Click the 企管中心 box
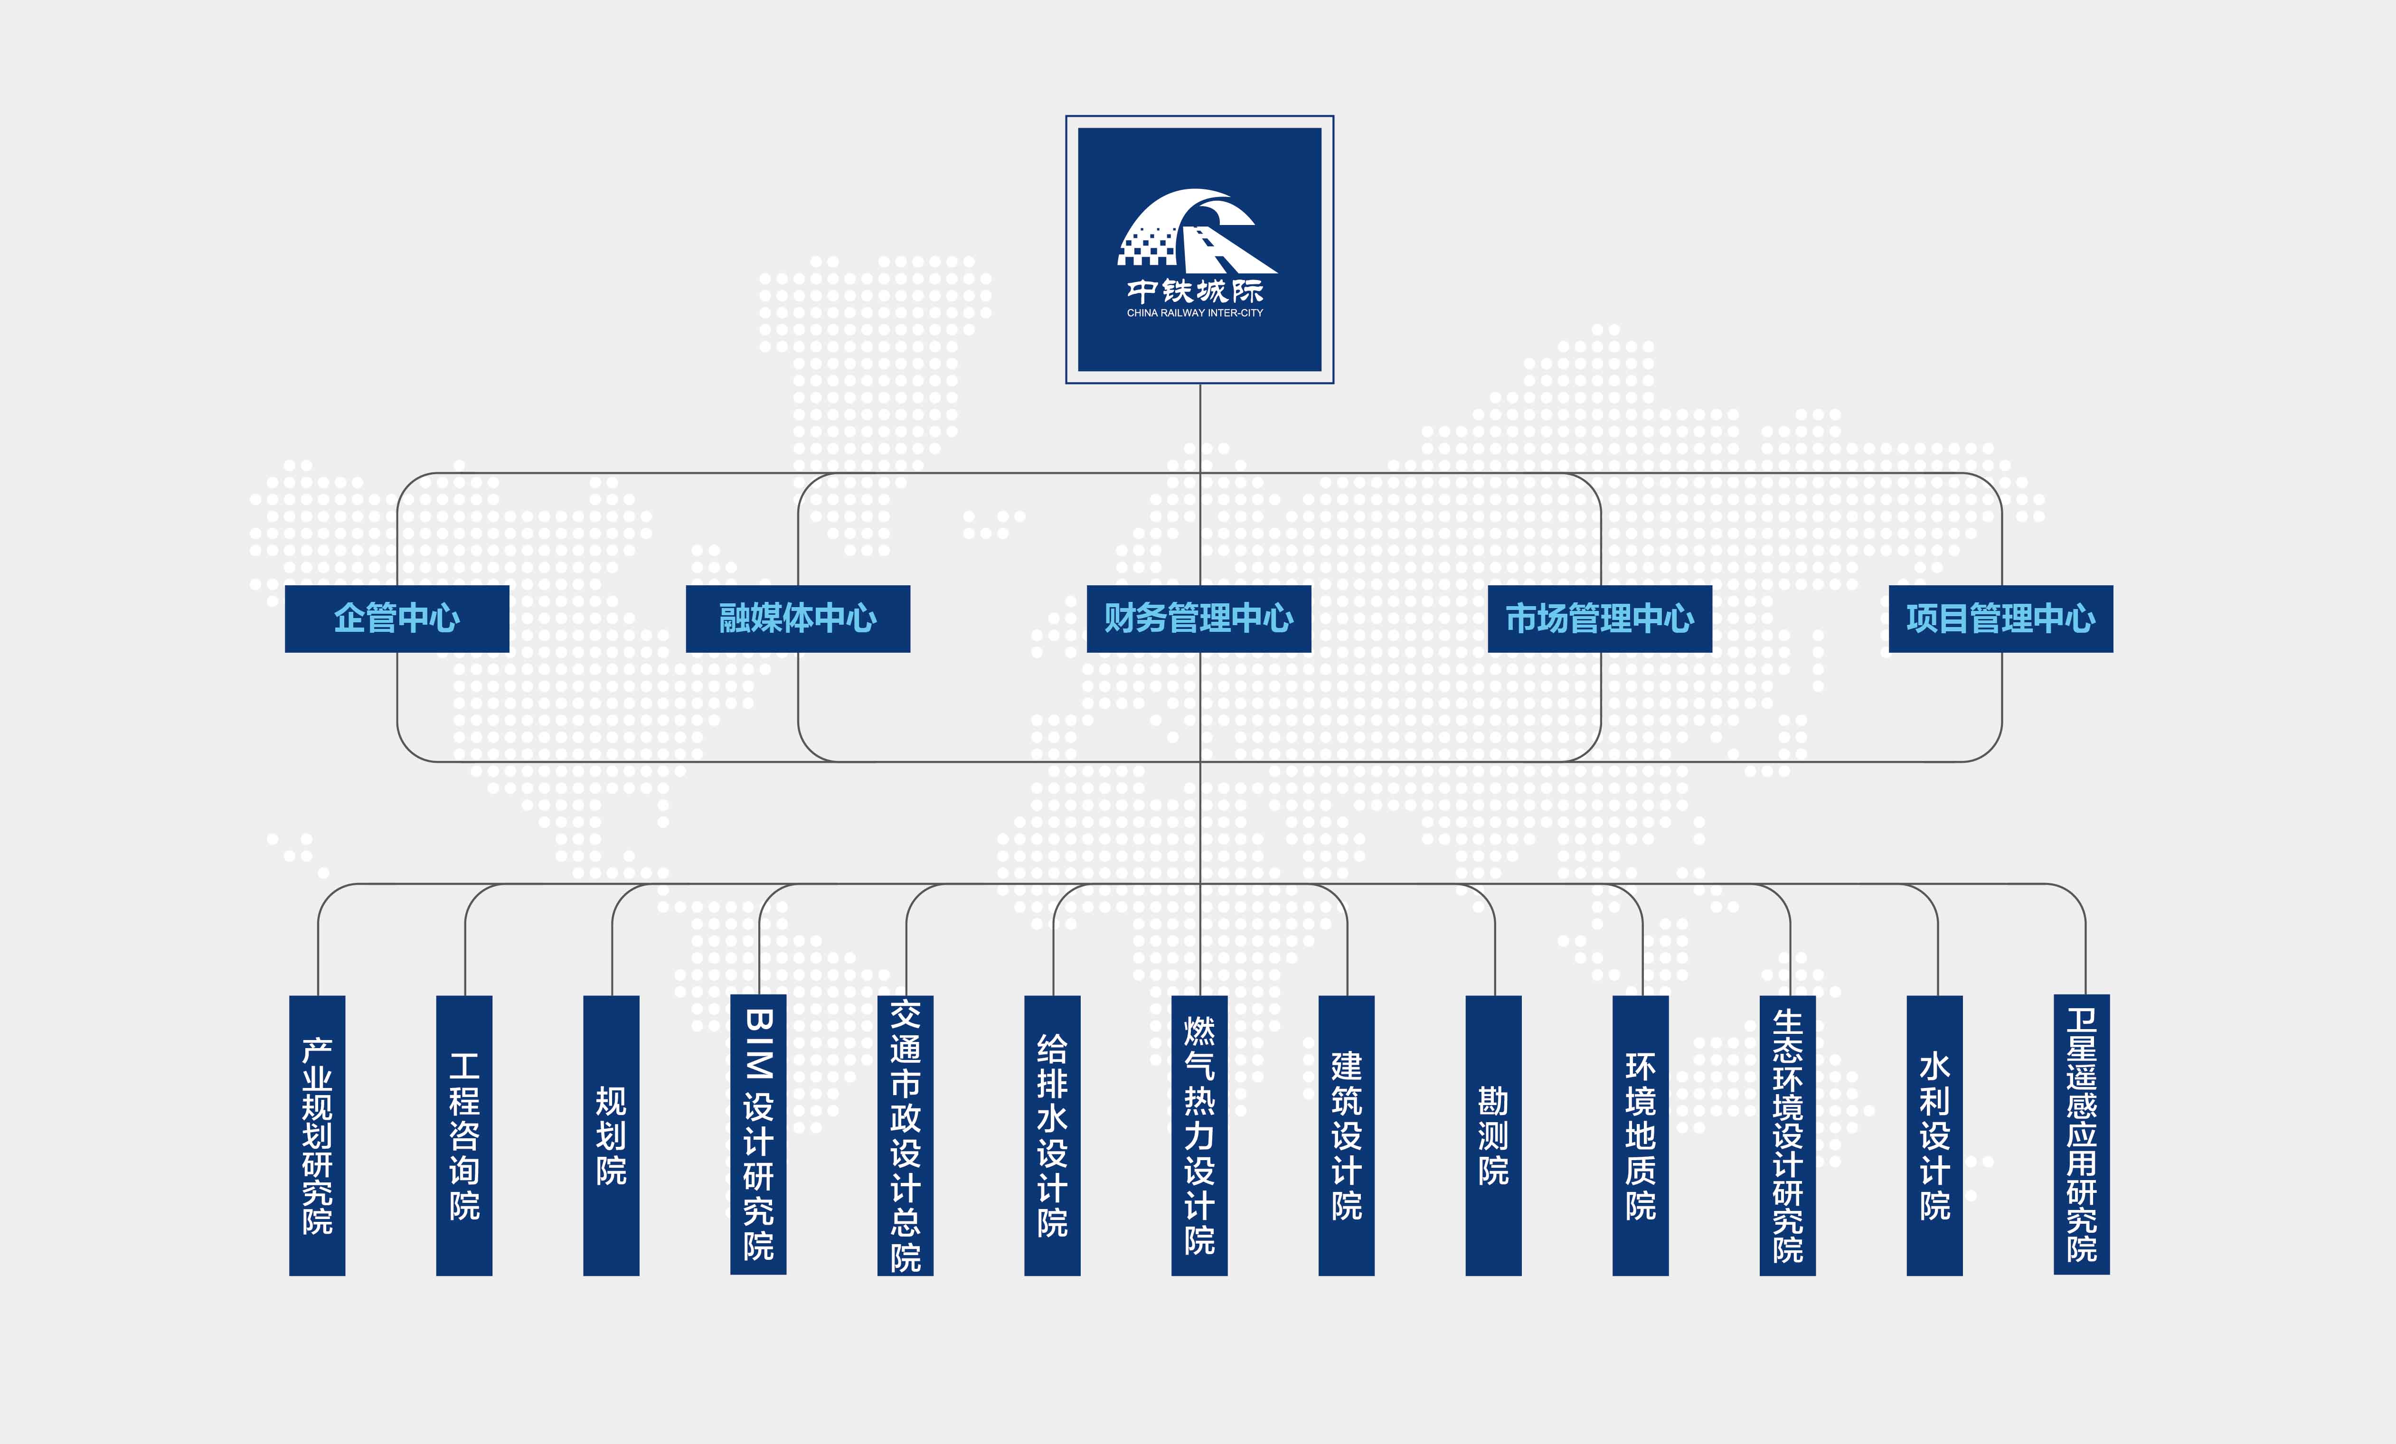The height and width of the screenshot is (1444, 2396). (x=397, y=619)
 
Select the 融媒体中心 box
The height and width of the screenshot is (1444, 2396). (x=797, y=619)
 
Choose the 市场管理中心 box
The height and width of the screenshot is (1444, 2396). (x=1600, y=619)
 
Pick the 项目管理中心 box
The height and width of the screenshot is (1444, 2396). (x=2000, y=619)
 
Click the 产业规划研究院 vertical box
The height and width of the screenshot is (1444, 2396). (x=317, y=1135)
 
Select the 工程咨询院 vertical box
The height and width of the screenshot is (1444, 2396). (x=464, y=1135)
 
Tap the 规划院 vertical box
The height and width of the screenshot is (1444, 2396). (x=611, y=1135)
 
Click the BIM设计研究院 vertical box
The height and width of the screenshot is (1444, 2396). (x=758, y=1135)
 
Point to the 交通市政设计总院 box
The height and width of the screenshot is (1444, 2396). (x=906, y=1135)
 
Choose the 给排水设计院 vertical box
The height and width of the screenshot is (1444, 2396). (x=1052, y=1135)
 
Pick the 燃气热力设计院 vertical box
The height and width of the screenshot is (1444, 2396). (x=1199, y=1135)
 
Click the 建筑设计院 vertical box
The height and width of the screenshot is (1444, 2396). (x=1346, y=1135)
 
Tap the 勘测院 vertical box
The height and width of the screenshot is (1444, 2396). (x=1493, y=1135)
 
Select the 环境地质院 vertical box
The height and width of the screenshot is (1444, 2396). (x=1641, y=1135)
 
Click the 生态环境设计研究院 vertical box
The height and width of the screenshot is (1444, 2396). (x=1787, y=1135)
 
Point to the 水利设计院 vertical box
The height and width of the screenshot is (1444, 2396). (x=1934, y=1135)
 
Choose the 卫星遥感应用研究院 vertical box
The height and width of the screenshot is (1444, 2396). (x=2081, y=1135)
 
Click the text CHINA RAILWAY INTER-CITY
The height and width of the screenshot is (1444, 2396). (x=1195, y=313)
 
